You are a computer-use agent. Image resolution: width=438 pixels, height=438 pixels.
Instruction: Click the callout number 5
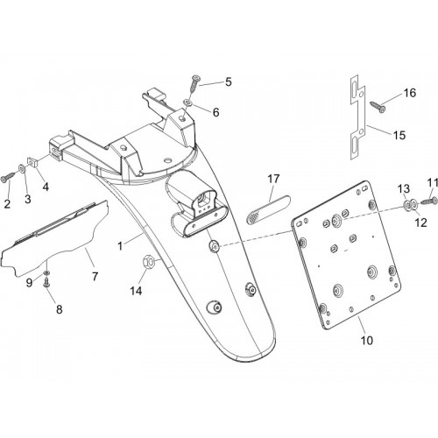pos(229,82)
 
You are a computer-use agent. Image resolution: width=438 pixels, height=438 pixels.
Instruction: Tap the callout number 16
pos(410,93)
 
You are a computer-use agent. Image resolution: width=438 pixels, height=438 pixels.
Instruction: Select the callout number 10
pos(367,340)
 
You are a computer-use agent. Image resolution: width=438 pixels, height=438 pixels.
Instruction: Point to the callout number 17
pos(273,179)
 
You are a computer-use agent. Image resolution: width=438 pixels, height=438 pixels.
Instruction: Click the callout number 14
pos(136,291)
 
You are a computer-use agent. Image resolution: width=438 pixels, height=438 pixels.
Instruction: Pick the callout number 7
pos(95,276)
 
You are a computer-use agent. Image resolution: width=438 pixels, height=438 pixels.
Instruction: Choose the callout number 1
pos(120,246)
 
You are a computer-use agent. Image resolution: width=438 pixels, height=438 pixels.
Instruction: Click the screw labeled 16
pos(378,107)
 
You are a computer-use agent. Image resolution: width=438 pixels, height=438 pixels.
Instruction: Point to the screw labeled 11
pos(428,201)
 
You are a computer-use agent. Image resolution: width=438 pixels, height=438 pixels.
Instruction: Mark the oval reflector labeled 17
pos(268,209)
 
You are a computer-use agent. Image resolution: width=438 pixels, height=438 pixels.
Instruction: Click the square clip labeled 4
pos(32,162)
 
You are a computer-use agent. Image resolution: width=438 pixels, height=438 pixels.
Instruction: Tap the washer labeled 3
pos(22,168)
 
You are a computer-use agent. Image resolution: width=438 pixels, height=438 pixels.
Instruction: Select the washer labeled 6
pos(187,102)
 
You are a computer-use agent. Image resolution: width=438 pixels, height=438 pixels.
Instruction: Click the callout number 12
pos(420,223)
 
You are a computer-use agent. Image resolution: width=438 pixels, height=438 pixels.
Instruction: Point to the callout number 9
pos(29,283)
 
